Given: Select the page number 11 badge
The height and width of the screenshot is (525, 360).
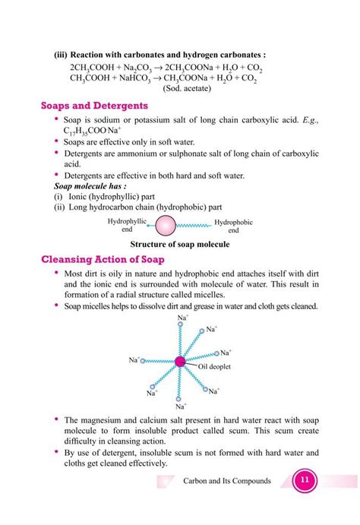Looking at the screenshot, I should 304,480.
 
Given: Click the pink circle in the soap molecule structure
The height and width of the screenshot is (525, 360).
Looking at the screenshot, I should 166,224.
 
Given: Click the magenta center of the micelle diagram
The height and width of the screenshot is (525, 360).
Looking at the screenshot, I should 180,362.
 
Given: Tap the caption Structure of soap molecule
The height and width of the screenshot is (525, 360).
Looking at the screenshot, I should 179,245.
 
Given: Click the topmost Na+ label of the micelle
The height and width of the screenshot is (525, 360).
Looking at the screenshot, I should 183,317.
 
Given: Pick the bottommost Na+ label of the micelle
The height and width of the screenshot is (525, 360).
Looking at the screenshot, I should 180,406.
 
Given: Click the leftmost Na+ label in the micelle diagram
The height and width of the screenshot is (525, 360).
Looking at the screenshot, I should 134,359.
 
